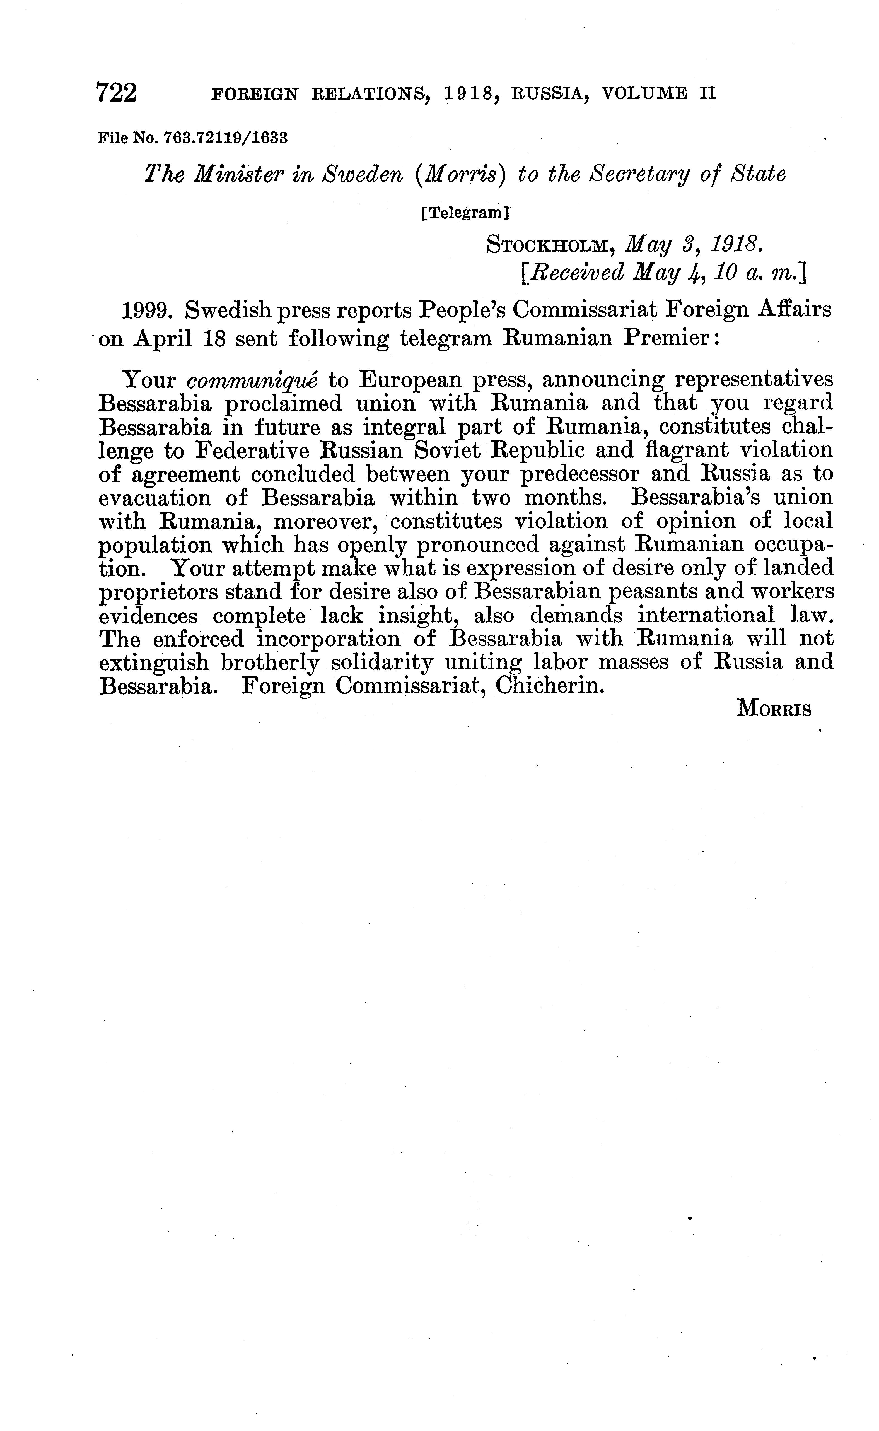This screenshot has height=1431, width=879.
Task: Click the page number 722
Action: [x=117, y=93]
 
